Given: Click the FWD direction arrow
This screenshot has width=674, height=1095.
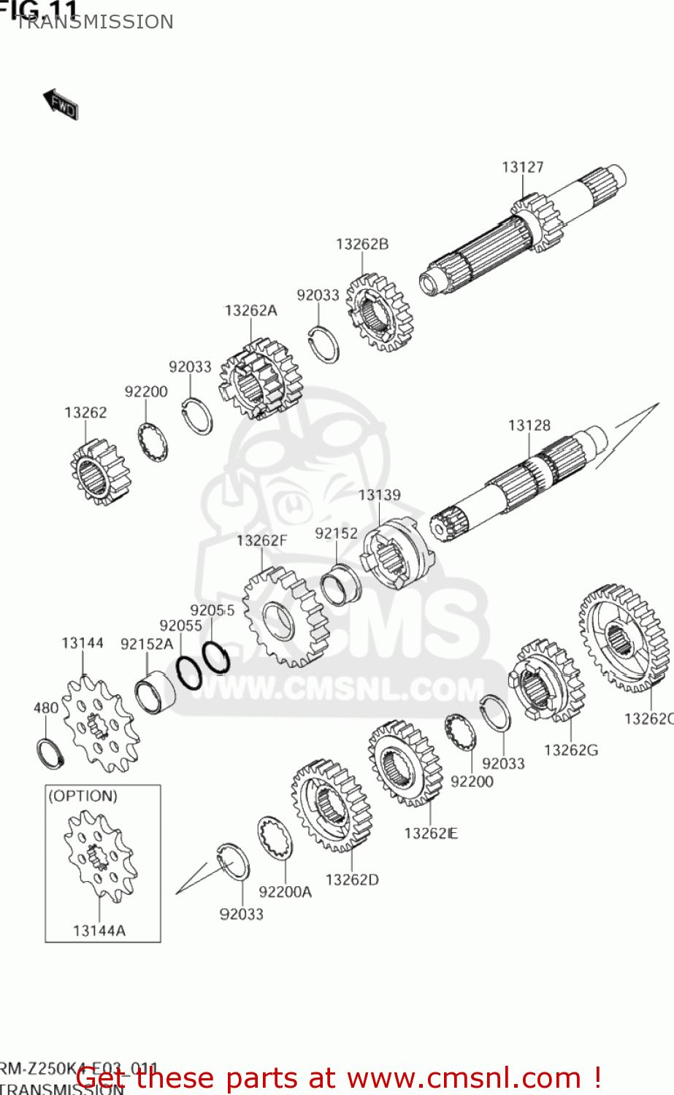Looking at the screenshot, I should tap(61, 104).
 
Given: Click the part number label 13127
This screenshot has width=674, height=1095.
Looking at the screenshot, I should tap(522, 167).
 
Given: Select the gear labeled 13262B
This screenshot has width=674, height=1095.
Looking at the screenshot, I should tap(379, 313).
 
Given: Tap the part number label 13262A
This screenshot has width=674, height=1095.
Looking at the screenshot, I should tap(250, 310).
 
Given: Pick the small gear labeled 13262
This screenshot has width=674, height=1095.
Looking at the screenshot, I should tap(98, 473).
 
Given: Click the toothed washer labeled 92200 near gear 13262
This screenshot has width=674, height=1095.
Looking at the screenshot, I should tap(153, 442).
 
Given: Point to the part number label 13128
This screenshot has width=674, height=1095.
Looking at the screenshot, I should tap(529, 425).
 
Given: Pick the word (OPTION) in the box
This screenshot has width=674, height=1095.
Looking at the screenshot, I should tap(83, 796).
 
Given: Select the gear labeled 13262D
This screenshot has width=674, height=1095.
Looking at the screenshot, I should tap(332, 805).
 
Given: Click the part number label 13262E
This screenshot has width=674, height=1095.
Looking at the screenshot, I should tap(431, 833).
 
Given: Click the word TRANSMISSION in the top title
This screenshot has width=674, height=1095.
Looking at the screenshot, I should tap(94, 22).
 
